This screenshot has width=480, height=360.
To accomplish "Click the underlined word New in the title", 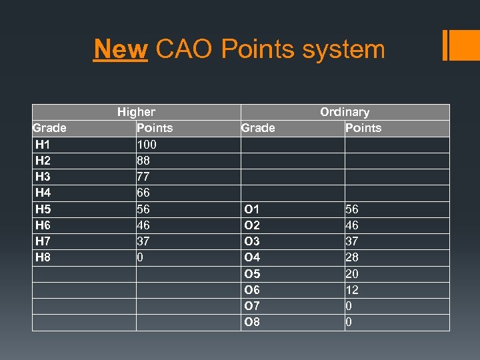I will point(120,49).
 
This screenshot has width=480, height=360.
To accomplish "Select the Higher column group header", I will point(136,112).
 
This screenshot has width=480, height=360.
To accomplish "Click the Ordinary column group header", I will point(345,112).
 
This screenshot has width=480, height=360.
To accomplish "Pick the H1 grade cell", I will point(43,144).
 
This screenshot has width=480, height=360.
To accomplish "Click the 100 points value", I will point(146,144).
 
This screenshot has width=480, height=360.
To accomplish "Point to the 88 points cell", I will point(143,160).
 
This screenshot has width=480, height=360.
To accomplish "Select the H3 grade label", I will point(43,177).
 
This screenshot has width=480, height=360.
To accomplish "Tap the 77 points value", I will point(143,177).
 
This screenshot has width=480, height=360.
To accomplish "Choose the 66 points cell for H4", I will point(143,193).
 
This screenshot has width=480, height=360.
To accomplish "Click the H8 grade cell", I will point(43,257).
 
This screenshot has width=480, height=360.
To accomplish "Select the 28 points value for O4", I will point(352,257).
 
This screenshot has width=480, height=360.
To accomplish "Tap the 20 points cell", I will point(352,273).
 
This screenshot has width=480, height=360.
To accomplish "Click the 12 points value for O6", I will point(352,290).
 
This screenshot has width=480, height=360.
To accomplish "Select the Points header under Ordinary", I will point(363,128).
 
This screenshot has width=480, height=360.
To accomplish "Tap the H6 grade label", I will point(43,225).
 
